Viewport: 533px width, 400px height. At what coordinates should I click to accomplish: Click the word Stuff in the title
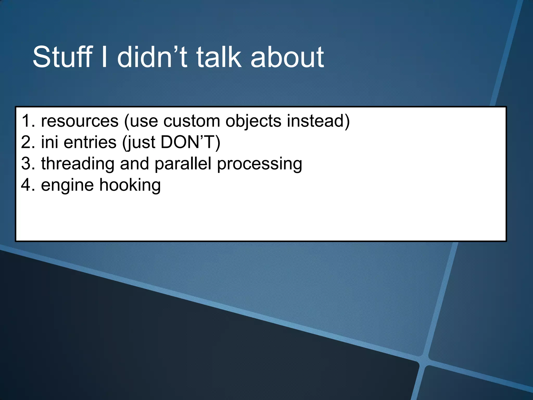62,57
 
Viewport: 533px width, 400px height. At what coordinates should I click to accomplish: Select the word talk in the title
219,57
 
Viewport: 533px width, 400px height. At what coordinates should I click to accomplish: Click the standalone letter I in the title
104,57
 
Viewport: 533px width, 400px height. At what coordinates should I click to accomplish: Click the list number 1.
28,121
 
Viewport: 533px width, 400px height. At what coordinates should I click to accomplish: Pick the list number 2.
28,142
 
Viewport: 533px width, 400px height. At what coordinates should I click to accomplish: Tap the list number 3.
28,164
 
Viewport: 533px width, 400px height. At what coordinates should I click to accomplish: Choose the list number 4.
28,185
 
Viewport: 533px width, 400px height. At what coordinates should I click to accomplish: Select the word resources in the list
80,121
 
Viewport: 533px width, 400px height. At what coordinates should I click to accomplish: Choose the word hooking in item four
130,185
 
